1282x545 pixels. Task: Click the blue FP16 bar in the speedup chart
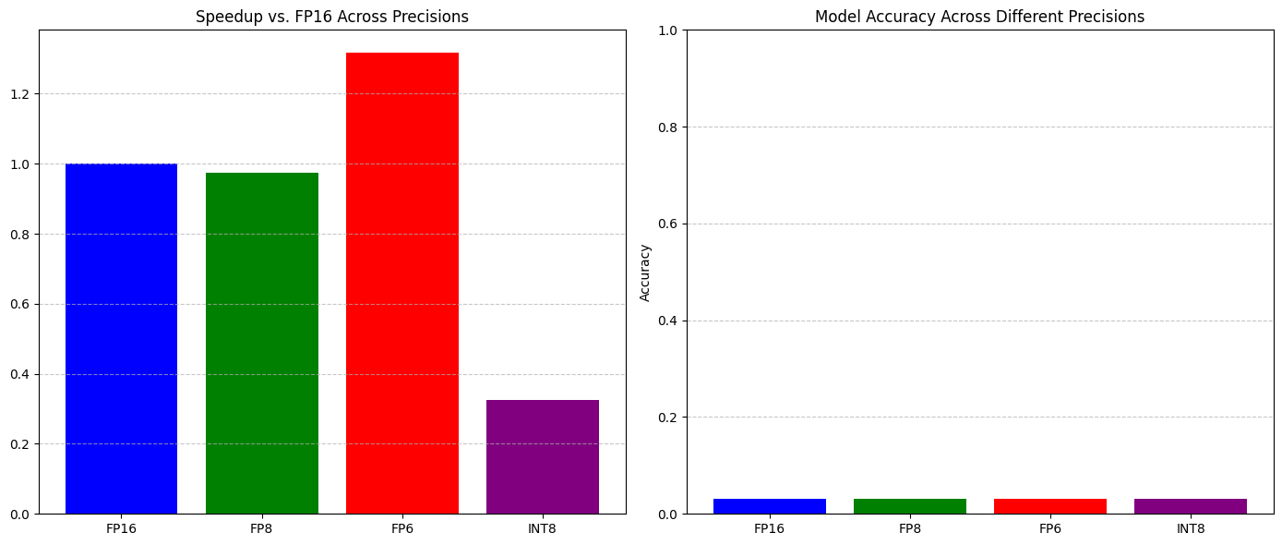click(121, 338)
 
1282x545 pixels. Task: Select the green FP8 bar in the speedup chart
click(262, 343)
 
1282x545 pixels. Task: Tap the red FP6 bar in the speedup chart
click(402, 283)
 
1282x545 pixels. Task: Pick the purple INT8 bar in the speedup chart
click(543, 456)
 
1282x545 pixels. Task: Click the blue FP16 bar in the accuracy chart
click(769, 506)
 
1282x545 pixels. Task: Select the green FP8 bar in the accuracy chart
click(910, 506)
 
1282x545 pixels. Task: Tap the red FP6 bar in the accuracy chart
click(1050, 506)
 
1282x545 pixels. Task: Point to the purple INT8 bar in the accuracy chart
click(1191, 506)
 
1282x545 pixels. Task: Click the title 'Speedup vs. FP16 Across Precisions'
click(332, 17)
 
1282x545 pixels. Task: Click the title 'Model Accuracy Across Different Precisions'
click(979, 17)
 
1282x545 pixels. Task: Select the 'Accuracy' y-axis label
click(645, 272)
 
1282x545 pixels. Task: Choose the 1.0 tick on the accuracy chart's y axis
click(668, 30)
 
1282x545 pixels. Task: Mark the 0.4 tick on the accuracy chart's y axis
click(668, 321)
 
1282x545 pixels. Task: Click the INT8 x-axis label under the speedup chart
click(543, 529)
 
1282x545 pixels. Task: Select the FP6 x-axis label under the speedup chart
click(402, 529)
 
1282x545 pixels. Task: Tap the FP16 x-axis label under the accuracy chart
click(769, 529)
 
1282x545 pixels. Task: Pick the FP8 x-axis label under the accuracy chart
click(910, 529)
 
